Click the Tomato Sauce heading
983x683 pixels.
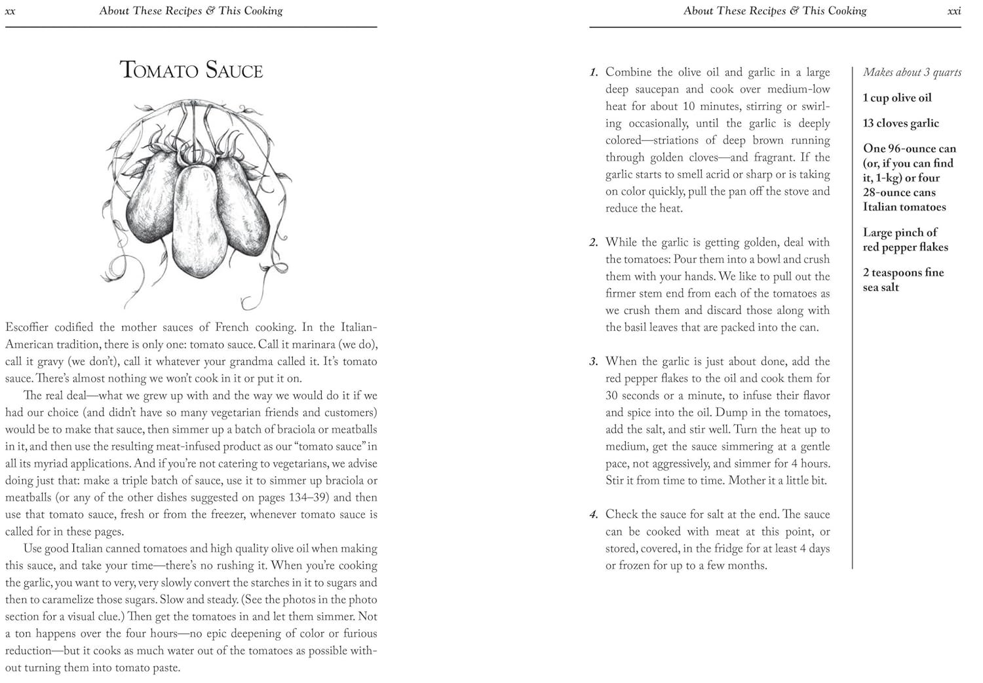(191, 70)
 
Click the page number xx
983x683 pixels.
(10, 11)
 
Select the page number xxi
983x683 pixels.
(954, 11)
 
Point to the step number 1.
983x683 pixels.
(594, 73)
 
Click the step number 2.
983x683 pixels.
(594, 243)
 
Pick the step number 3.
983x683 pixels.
(594, 362)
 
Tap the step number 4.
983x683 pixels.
(594, 515)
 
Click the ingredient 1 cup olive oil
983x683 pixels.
(896, 98)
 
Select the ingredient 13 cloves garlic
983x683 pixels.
(900, 123)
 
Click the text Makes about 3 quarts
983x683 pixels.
(912, 72)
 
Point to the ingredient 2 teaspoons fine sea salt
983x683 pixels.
(903, 280)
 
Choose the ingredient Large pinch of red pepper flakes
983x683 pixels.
(905, 240)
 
